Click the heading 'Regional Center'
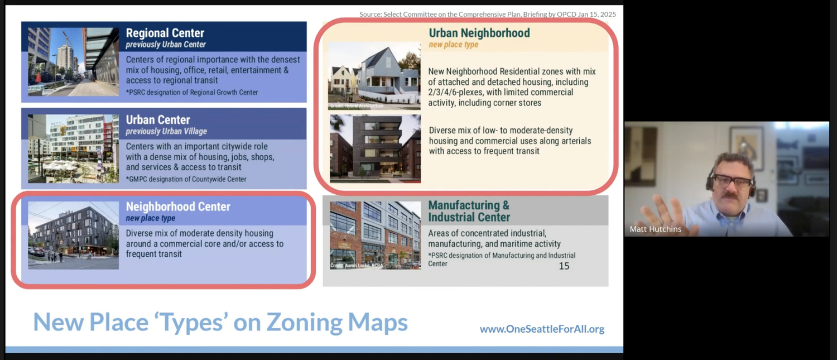point(165,33)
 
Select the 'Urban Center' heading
point(158,119)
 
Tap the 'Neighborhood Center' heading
point(178,207)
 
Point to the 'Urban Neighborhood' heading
point(479,33)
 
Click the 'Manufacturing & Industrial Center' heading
point(469,211)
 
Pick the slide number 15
point(564,266)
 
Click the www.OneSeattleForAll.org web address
point(542,329)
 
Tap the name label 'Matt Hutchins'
point(655,229)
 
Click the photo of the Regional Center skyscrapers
point(73,61)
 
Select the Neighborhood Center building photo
point(73,235)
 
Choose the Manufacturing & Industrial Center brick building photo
point(375,235)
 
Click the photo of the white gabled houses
point(374,75)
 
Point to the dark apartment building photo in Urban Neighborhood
point(375,148)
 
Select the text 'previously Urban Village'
point(166,131)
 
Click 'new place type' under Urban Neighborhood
point(453,45)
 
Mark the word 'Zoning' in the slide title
point(304,322)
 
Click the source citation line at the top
point(488,14)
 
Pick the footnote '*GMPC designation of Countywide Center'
point(186,179)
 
